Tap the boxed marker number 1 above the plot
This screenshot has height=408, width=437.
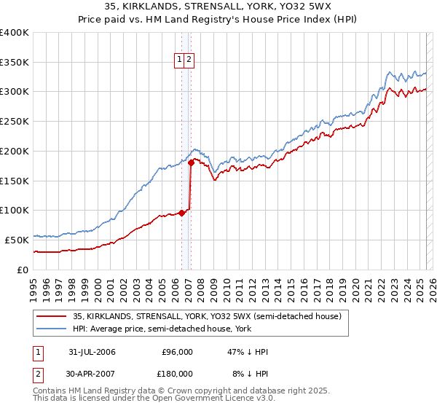[x=179, y=60]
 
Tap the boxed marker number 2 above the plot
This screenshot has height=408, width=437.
[x=189, y=60]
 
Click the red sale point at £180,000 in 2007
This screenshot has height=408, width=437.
[x=191, y=163]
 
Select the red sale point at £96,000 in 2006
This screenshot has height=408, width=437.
[x=181, y=213]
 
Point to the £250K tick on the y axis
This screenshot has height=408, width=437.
[x=15, y=122]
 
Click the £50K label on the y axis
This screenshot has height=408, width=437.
[x=17, y=240]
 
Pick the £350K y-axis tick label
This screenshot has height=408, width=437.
[x=15, y=63]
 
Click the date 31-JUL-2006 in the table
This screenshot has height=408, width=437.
[x=92, y=352]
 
